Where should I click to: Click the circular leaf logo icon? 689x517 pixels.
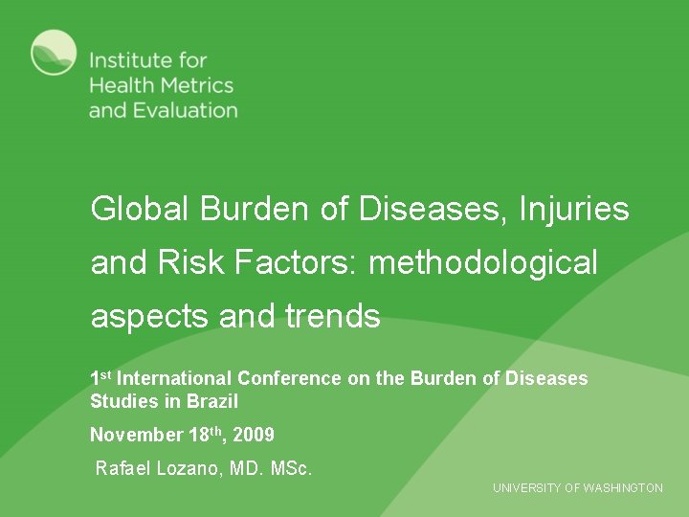[54, 53]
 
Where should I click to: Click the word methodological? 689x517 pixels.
[482, 261]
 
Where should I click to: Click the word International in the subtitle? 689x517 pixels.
[175, 378]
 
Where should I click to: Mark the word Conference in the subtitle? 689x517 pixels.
[289, 378]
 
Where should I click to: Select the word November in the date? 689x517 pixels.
[135, 436]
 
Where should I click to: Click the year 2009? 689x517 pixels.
[254, 436]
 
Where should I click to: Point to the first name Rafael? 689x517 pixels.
[123, 469]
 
